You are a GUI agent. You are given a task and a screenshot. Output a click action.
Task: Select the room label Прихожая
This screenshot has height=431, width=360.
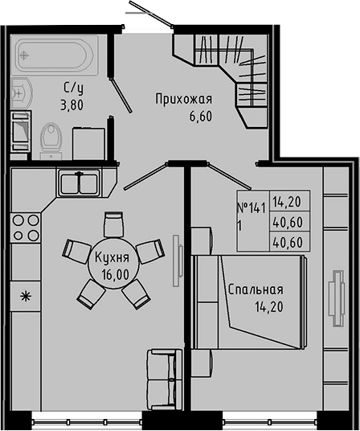(183, 99)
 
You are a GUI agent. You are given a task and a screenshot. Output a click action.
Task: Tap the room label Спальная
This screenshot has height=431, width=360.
(256, 289)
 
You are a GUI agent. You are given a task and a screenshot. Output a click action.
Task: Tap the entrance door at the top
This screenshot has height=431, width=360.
(149, 18)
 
